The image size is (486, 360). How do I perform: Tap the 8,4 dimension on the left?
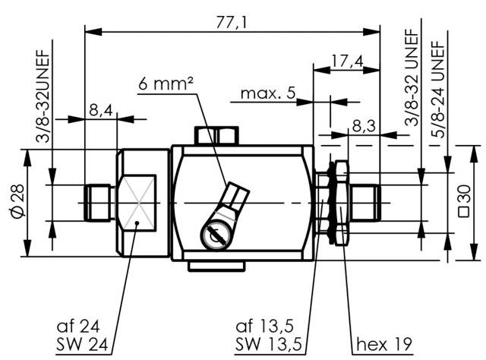click(x=100, y=110)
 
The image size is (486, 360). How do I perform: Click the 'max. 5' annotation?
click(x=267, y=94)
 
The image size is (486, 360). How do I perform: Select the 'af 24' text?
click(x=78, y=327)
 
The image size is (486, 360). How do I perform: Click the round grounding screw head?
click(x=215, y=238)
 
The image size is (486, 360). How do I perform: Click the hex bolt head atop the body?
click(x=216, y=136)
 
